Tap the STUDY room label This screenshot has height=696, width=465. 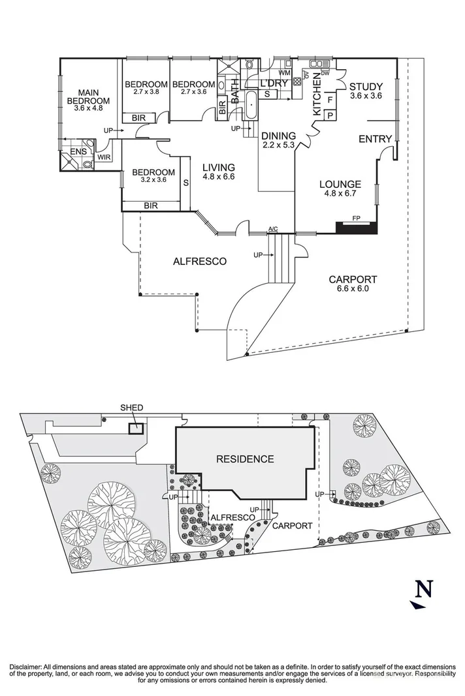click(365, 87)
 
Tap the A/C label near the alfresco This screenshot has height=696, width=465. click(273, 229)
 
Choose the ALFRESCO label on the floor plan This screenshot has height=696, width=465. click(199, 262)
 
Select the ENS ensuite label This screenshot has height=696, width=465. click(78, 152)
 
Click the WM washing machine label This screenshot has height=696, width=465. click(284, 72)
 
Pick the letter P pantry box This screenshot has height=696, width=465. click(330, 115)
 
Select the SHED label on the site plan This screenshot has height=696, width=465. click(131, 408)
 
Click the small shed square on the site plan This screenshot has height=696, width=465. click(136, 429)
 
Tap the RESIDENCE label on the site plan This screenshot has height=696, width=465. click(245, 459)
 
